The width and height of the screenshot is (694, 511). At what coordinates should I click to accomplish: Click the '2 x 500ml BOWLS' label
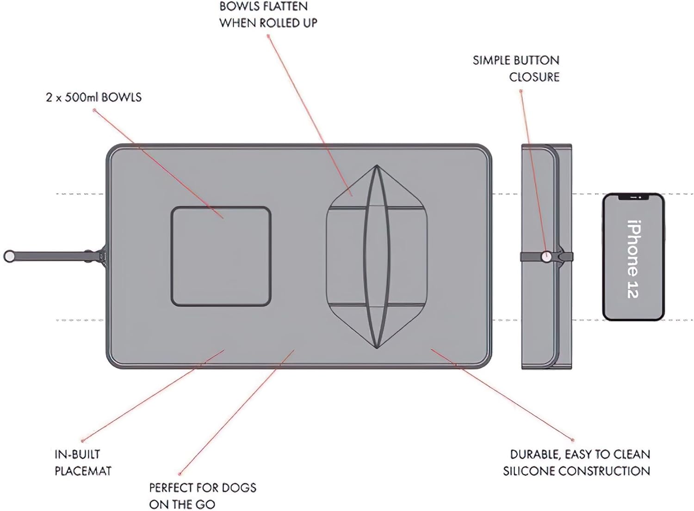click(93, 97)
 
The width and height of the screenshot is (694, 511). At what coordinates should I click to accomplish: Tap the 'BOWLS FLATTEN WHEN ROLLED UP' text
click(268, 14)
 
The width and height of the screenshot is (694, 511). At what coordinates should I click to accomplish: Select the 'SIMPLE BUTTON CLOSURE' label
click(516, 68)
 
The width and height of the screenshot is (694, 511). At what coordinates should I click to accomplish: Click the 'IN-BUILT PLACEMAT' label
click(83, 462)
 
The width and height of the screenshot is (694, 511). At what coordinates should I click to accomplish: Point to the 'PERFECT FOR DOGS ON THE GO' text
click(202, 496)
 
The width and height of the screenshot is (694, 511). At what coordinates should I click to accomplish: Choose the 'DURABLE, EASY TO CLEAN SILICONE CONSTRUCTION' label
click(576, 462)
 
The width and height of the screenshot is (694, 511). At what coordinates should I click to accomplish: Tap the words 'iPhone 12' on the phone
click(633, 259)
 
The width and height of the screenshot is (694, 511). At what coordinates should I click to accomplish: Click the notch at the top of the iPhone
click(633, 197)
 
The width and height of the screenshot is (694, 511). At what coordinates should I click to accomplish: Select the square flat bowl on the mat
click(221, 256)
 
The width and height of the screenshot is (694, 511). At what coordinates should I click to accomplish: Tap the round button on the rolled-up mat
click(546, 256)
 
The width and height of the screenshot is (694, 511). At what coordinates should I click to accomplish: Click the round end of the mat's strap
click(9, 256)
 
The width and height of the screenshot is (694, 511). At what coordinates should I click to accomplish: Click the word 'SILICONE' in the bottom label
click(529, 471)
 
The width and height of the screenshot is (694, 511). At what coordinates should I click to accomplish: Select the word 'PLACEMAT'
click(83, 471)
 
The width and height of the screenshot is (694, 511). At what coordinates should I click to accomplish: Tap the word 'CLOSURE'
click(534, 77)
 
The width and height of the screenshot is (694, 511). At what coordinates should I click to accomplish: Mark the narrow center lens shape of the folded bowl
click(377, 256)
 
